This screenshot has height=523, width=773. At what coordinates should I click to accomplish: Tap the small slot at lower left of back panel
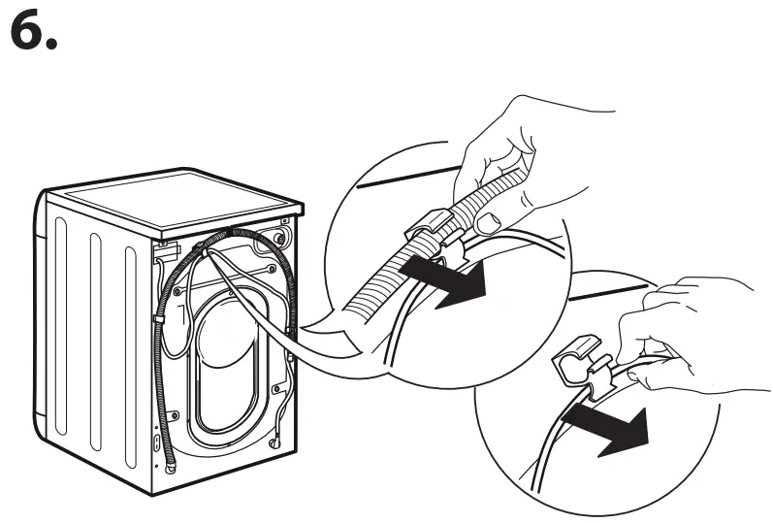(x=157, y=441)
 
